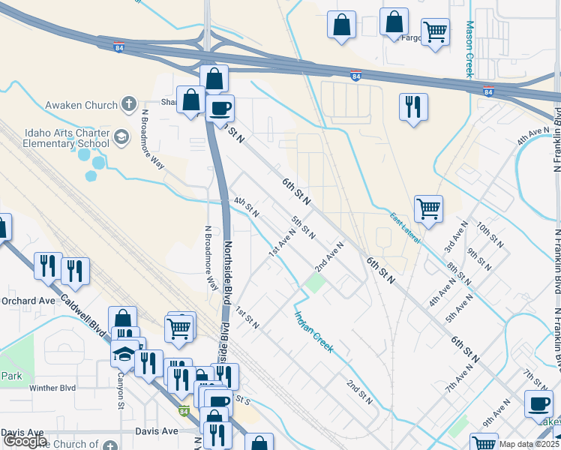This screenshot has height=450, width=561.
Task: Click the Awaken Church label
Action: click(81, 105)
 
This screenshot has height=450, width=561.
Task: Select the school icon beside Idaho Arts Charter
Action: click(121, 138)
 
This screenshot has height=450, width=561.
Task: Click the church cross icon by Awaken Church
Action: click(129, 104)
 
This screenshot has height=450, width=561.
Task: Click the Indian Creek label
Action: click(313, 333)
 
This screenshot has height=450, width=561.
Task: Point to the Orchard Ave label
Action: click(28, 301)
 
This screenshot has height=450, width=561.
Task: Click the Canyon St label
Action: click(120, 392)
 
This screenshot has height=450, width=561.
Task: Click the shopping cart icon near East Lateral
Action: click(428, 208)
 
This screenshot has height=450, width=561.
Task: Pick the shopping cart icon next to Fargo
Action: click(435, 31)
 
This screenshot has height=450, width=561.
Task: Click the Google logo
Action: click(25, 441)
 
